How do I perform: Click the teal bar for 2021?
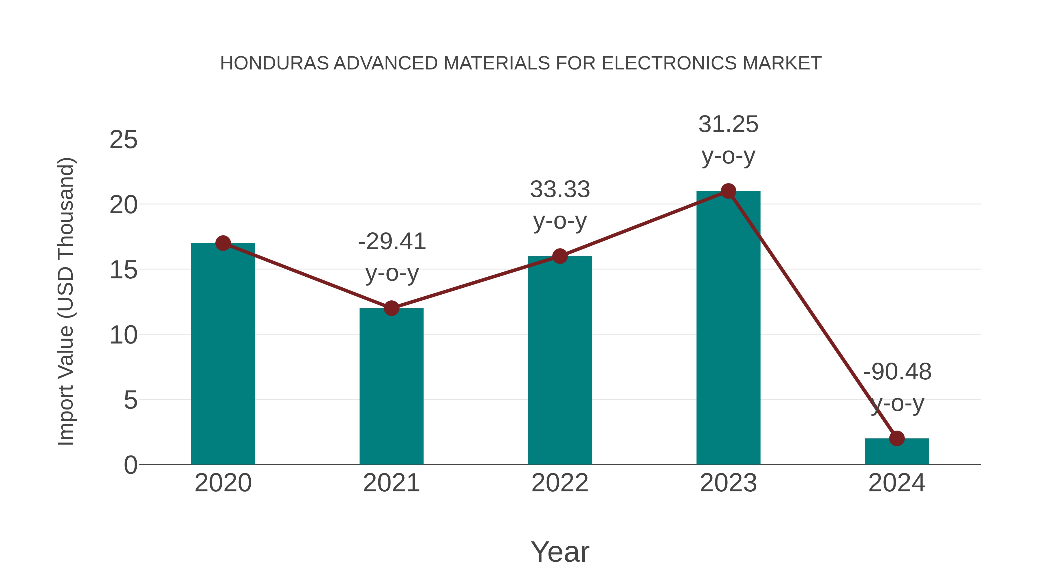[x=391, y=388]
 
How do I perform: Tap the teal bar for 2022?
[x=559, y=364]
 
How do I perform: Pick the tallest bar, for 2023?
[x=728, y=332]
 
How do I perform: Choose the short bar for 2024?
[x=897, y=452]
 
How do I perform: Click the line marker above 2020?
[x=223, y=243]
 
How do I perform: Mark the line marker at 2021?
[x=391, y=308]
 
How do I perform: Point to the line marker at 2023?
[x=728, y=191]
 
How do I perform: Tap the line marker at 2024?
[x=897, y=438]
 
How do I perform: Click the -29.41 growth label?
[x=392, y=242]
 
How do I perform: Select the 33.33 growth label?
[x=560, y=190]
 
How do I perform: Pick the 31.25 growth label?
[x=728, y=124]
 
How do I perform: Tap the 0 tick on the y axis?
[x=131, y=465]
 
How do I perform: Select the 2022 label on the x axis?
[x=559, y=483]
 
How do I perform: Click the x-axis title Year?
[x=560, y=552]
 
